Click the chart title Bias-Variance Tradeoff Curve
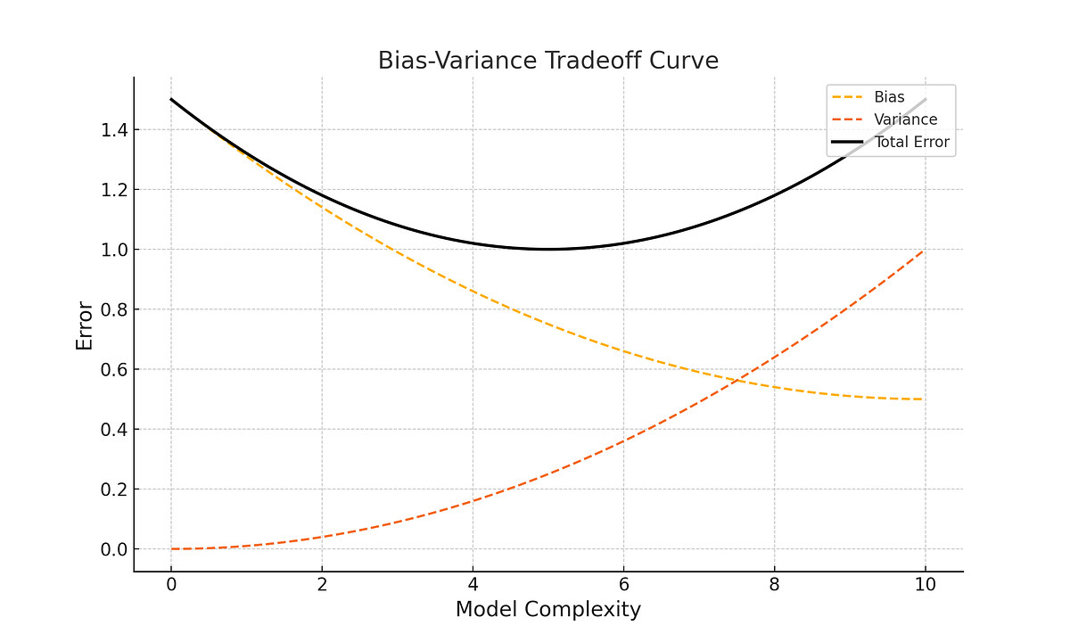(547, 60)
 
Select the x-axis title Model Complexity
(547, 609)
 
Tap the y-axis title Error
(85, 325)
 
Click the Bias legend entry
(889, 97)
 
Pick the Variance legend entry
(905, 119)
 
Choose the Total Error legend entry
(911, 142)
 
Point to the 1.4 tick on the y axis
(115, 130)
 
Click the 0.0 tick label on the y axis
(115, 549)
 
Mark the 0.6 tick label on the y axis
(115, 369)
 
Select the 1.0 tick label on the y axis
(115, 250)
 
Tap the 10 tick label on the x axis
(925, 585)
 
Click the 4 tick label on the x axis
(473, 585)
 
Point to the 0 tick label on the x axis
(171, 585)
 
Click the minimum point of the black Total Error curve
(547, 249)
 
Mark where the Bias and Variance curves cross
(737, 381)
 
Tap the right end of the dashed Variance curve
(925, 250)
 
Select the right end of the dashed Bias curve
(925, 399)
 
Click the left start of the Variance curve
(171, 549)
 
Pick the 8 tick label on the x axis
(774, 585)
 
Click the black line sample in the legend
(847, 142)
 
